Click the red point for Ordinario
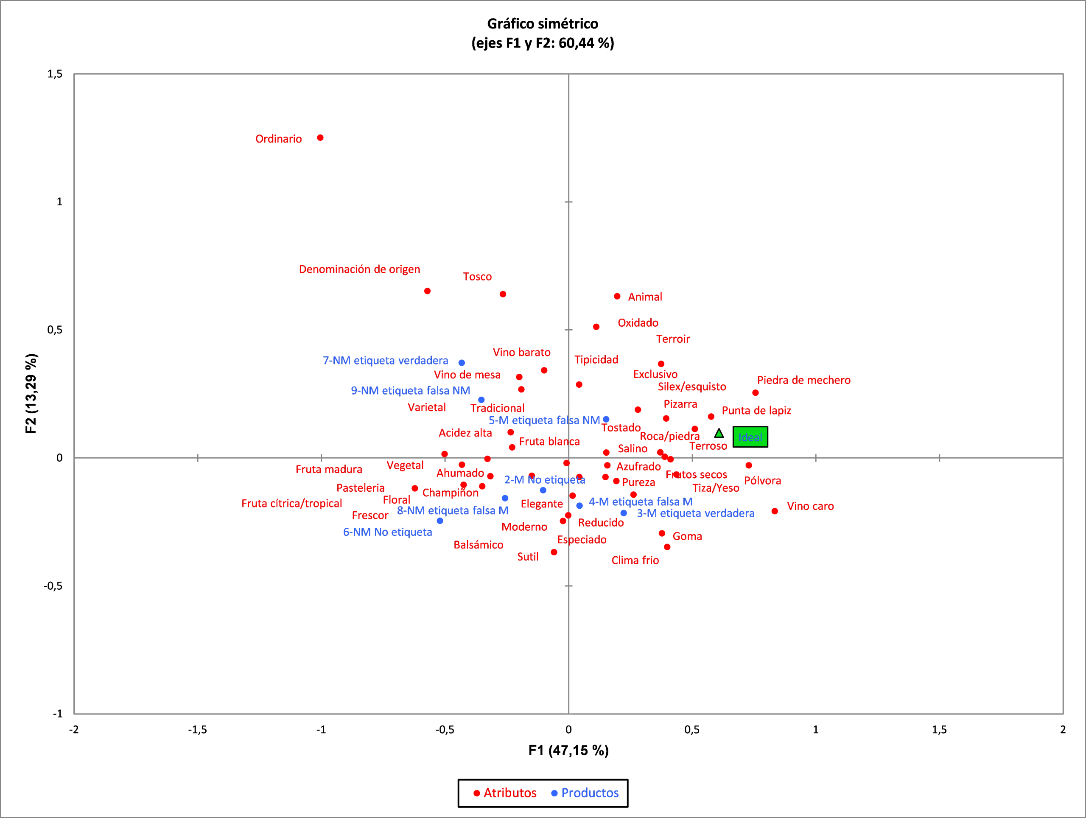pos(320,138)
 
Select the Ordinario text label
pos(278,139)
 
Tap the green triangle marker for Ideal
pos(719,433)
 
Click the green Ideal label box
pos(750,437)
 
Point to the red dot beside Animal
pos(617,297)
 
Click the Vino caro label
pos(810,506)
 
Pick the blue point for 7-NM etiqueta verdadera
pos(462,363)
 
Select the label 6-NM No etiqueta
pos(387,532)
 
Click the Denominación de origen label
pos(359,269)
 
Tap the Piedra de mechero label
pos(804,380)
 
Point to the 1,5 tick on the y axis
pos(55,74)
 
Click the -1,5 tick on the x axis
pos(197,730)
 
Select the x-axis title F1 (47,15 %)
pos(568,750)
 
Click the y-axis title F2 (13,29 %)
pos(31,393)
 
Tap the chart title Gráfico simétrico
pos(543,24)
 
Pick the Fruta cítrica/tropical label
pos(291,503)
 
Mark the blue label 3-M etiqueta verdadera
pos(695,513)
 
